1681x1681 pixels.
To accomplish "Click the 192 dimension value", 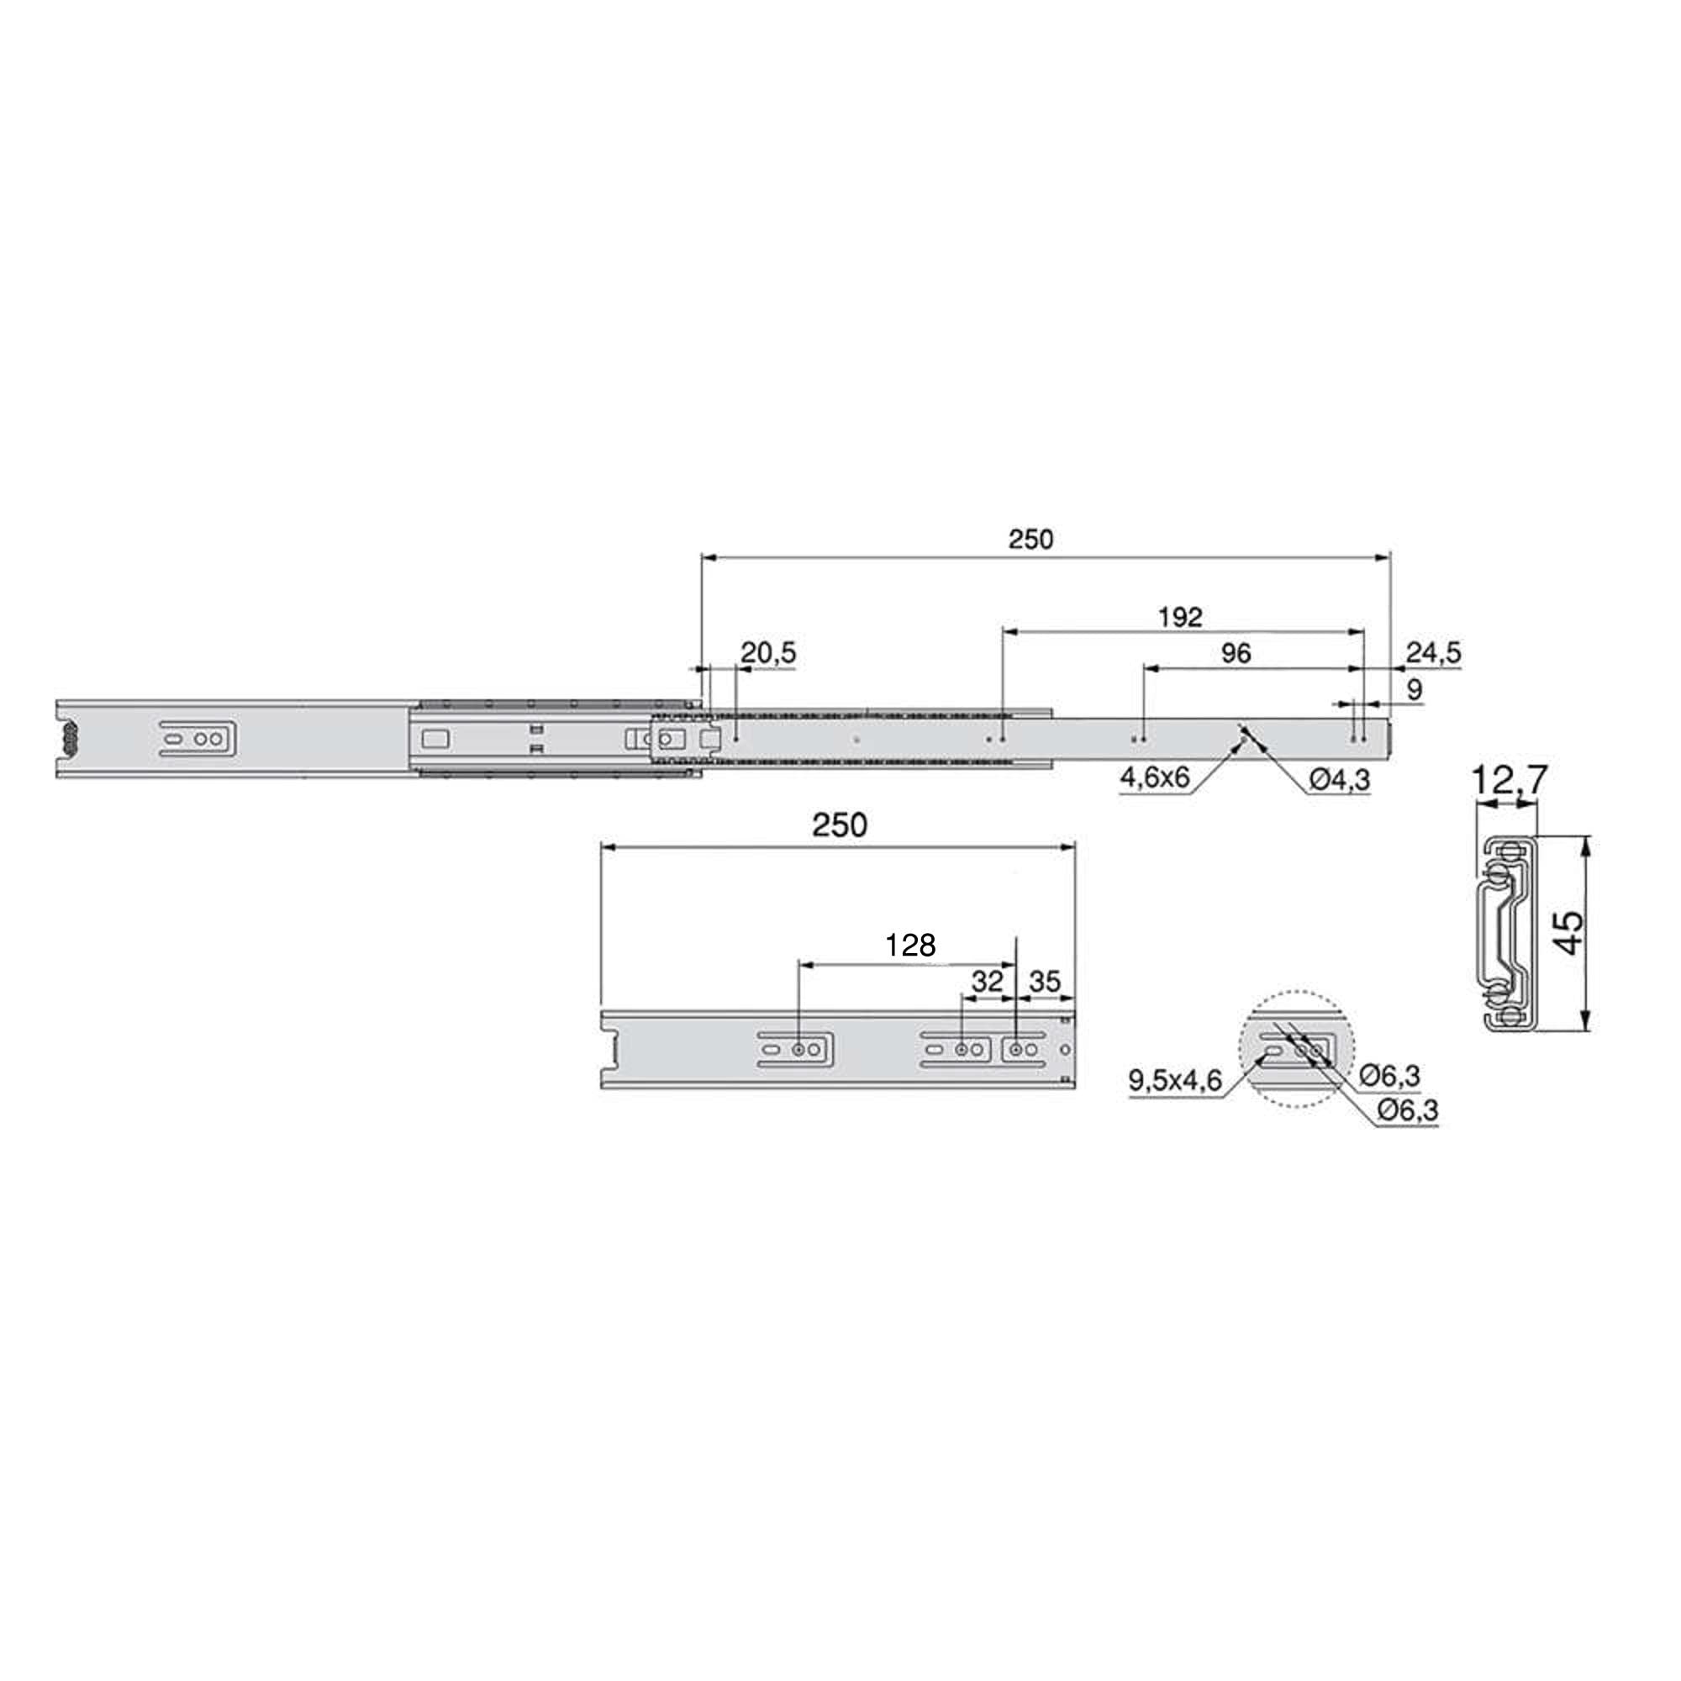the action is tap(1181, 617).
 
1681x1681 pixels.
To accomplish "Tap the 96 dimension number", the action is tap(1236, 653).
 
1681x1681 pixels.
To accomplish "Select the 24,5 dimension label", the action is tap(1434, 652).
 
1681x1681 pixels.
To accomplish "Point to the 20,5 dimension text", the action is tap(768, 652).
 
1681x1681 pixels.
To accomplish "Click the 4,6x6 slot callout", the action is tap(1155, 777).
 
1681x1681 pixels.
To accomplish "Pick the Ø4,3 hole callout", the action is tap(1340, 781).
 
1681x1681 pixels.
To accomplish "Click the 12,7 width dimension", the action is tap(1510, 781).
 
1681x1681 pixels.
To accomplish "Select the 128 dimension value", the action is tap(910, 945).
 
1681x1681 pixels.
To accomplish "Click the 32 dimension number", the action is tap(987, 983).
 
